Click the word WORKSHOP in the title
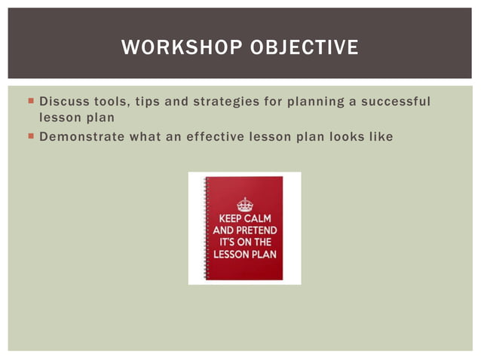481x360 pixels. [x=178, y=48]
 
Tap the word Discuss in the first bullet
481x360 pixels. [x=64, y=101]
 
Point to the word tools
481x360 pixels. [x=112, y=101]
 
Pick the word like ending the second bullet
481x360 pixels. [x=381, y=136]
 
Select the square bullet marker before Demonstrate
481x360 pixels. [x=30, y=137]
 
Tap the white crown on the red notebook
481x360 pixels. [x=245, y=203]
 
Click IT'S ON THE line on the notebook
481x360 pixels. [x=246, y=242]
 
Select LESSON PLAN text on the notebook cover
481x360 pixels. [x=246, y=254]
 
